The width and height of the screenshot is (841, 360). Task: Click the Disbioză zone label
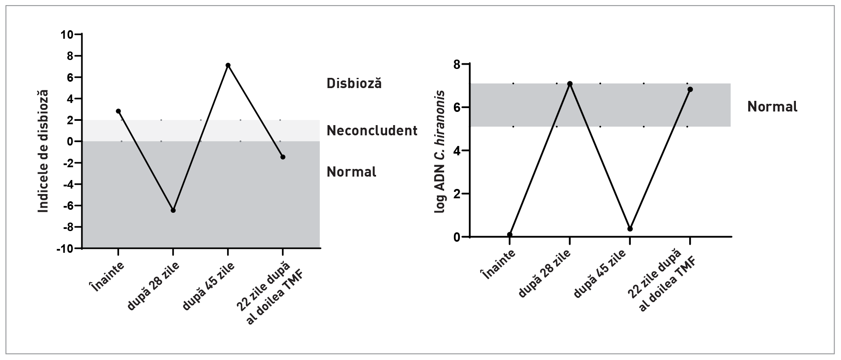(x=354, y=83)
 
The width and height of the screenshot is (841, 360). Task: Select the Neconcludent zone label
(x=372, y=131)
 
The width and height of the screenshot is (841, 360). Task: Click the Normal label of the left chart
(x=351, y=172)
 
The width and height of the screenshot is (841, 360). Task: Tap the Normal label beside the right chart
(x=772, y=107)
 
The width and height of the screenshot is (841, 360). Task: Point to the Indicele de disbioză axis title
(x=43, y=151)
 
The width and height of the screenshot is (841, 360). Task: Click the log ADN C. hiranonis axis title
(x=439, y=151)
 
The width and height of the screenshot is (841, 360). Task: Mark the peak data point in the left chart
(x=228, y=65)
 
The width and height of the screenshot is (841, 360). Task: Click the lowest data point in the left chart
(x=173, y=210)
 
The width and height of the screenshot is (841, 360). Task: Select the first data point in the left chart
(x=118, y=111)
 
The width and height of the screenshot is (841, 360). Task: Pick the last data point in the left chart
(x=283, y=157)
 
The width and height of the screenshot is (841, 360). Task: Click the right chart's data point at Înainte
(x=510, y=234)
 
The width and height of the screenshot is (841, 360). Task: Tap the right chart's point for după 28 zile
(x=570, y=84)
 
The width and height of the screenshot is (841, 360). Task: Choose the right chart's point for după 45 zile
(x=630, y=229)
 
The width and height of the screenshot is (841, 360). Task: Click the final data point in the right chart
(x=690, y=89)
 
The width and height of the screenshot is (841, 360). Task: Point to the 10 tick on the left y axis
(x=67, y=34)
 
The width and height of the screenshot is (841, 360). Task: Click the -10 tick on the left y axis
(x=65, y=249)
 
